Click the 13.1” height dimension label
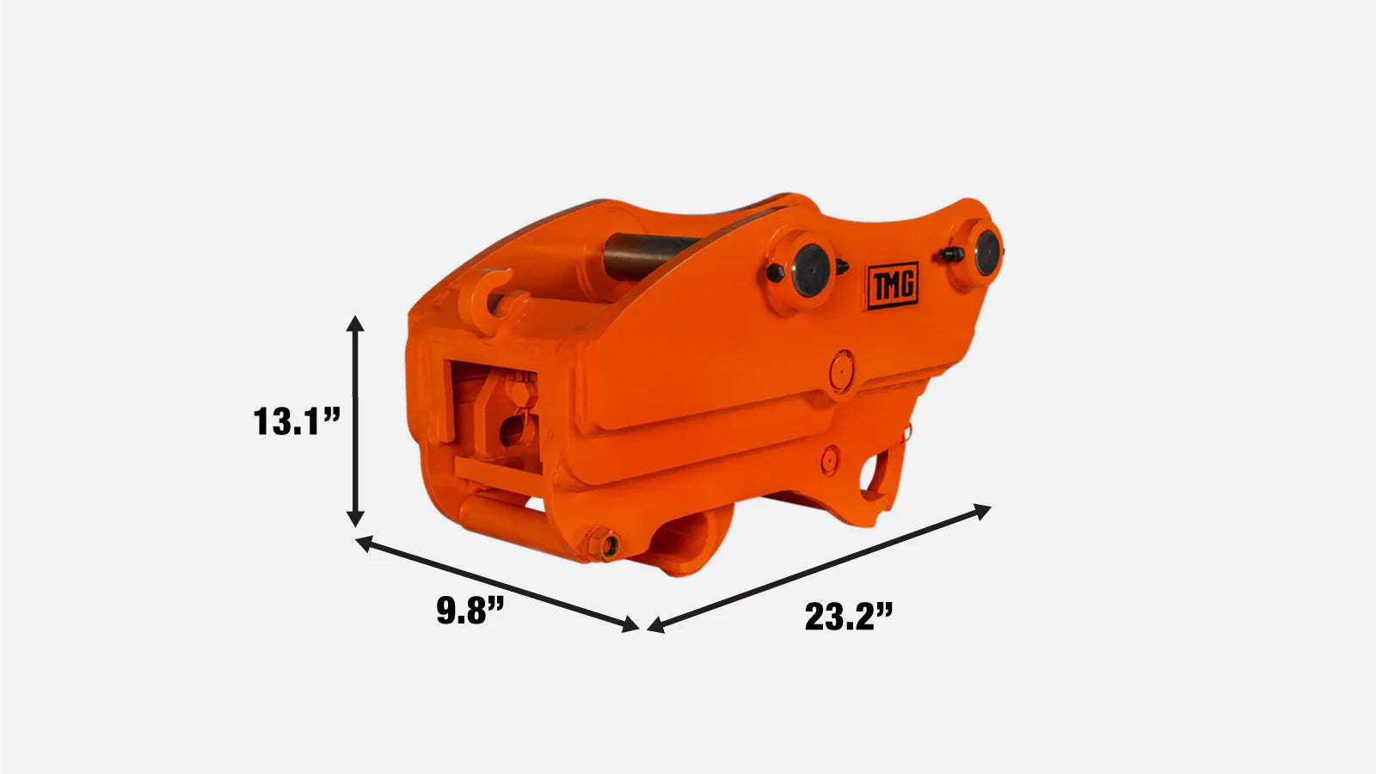297,421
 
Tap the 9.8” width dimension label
470,611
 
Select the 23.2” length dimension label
848,617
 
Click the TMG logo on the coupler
893,286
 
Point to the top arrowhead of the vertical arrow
355,323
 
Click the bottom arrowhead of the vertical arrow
355,519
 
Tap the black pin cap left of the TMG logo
811,271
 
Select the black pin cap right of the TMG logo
986,253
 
